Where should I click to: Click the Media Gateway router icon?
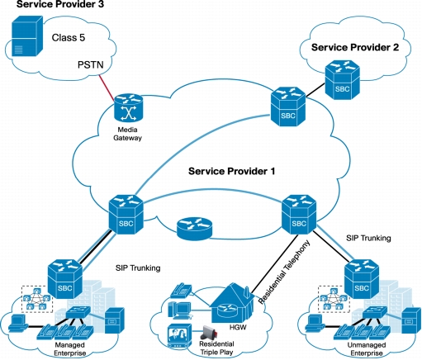(129, 108)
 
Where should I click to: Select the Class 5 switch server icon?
(27, 36)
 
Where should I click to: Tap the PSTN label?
(91, 65)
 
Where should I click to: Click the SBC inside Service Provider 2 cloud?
(343, 80)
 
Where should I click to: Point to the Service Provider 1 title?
(231, 171)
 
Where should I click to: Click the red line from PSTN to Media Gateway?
(107, 88)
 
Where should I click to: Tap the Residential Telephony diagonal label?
(284, 272)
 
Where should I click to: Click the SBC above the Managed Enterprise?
(65, 279)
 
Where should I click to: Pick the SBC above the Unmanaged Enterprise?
(362, 279)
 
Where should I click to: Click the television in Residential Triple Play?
(180, 337)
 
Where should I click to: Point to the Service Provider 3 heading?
(60, 4)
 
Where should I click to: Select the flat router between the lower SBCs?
(195, 229)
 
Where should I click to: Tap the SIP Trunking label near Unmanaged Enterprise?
(368, 238)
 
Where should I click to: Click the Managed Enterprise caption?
(70, 349)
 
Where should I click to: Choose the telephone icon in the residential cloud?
(181, 291)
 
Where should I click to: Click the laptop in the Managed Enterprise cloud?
(17, 324)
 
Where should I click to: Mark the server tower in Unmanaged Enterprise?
(411, 321)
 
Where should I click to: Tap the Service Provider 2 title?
(355, 47)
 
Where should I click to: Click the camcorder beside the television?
(210, 333)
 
